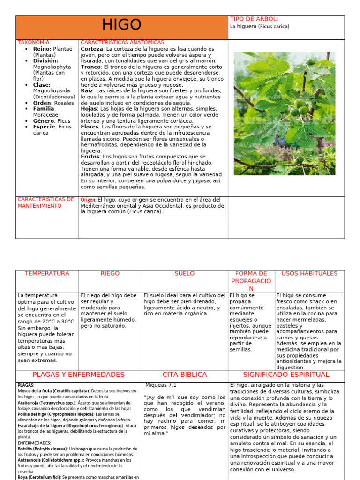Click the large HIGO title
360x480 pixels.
click(x=121, y=25)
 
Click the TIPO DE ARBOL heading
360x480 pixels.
click(x=254, y=19)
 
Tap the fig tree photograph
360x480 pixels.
click(x=285, y=113)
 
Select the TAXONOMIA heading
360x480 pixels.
click(x=33, y=42)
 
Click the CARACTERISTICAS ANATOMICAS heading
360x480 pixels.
click(x=122, y=42)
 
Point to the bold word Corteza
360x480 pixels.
click(x=92, y=49)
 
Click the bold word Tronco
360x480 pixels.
click(x=91, y=67)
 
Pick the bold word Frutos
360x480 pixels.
click(x=90, y=157)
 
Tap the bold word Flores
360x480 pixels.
click(x=90, y=127)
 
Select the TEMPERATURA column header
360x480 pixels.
click(x=47, y=273)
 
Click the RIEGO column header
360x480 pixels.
click(x=110, y=273)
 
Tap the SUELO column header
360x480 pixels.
click(x=184, y=273)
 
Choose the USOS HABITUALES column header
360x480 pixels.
click(x=309, y=273)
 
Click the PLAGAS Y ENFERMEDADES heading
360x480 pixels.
click(x=79, y=375)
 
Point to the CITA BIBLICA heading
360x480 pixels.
click(x=184, y=375)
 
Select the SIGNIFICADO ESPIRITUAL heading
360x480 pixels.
click(x=286, y=375)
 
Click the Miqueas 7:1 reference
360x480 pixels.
click(x=161, y=385)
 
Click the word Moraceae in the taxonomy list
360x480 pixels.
click(x=46, y=114)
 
